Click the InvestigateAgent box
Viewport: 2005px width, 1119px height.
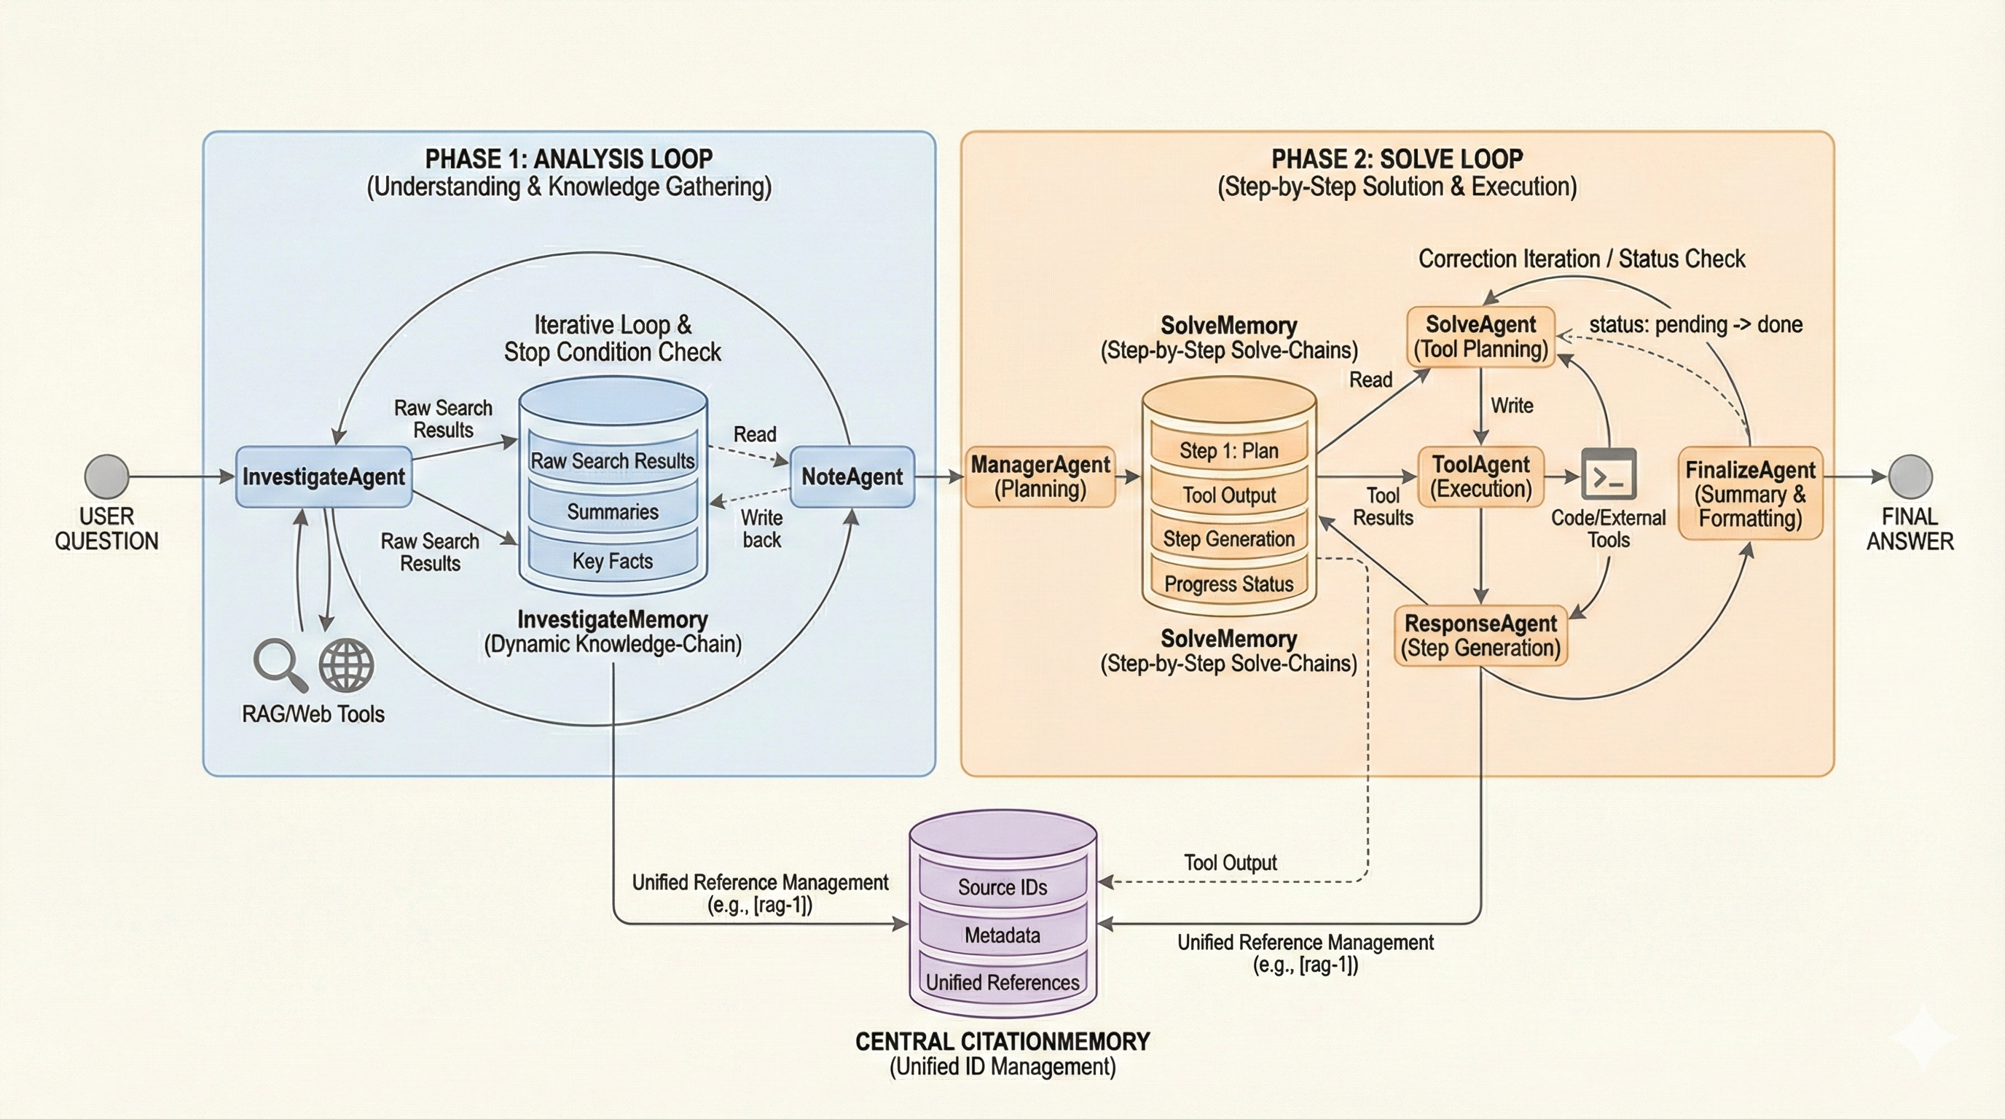[323, 476]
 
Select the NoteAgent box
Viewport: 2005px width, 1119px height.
[852, 476]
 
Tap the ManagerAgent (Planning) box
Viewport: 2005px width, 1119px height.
[1040, 476]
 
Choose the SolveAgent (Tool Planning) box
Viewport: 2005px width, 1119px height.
[1480, 336]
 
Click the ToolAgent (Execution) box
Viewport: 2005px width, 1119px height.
[1480, 476]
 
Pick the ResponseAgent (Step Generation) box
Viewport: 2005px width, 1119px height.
[1480, 635]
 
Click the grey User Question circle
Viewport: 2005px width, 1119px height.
[106, 476]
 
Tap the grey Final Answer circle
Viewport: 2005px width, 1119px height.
[1910, 476]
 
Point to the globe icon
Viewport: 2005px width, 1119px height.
[346, 664]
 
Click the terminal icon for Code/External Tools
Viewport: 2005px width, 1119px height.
[1608, 475]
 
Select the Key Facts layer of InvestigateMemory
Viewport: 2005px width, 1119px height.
[613, 560]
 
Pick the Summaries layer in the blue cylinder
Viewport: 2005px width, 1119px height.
[613, 511]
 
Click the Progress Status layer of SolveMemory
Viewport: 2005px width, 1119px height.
[1228, 584]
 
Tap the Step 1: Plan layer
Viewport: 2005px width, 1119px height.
[1228, 450]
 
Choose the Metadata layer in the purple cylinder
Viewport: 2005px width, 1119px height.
[1002, 935]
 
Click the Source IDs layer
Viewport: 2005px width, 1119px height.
[1002, 887]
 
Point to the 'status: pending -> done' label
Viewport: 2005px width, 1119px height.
[1695, 324]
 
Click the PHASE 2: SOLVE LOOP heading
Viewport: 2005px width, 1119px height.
[1397, 159]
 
